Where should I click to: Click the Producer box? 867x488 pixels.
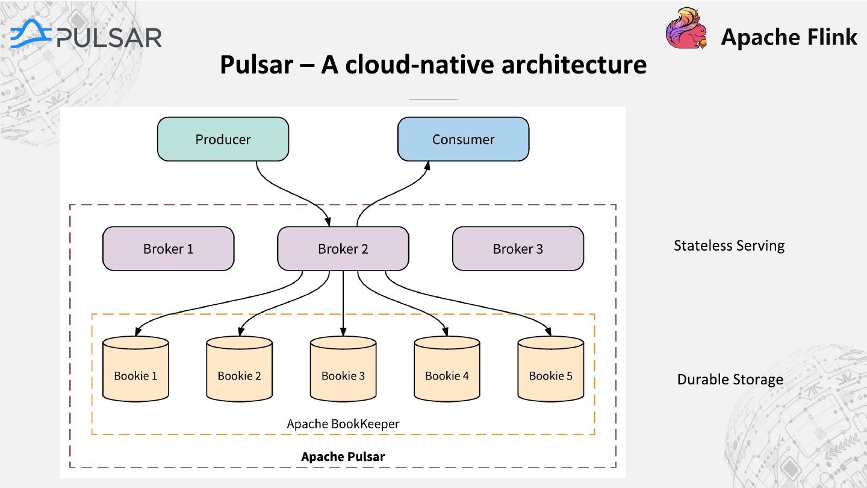[223, 139]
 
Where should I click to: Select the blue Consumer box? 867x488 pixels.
[464, 139]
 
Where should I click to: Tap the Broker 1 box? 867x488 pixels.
[169, 249]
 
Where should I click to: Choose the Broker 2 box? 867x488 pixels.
[343, 249]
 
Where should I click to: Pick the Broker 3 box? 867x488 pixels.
[518, 249]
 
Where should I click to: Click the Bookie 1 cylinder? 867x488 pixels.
[135, 369]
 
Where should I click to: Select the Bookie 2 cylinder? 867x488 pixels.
[239, 369]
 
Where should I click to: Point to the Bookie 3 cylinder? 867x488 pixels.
[343, 369]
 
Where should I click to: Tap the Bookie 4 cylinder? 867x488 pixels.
[447, 369]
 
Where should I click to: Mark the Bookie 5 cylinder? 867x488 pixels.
[551, 369]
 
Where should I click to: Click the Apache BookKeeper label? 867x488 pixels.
[343, 424]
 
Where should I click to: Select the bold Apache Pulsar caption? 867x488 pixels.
[343, 457]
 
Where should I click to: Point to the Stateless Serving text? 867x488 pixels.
[729, 246]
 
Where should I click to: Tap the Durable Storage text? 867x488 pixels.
[730, 380]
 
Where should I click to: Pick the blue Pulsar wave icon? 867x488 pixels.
[31, 34]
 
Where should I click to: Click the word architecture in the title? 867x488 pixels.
[574, 64]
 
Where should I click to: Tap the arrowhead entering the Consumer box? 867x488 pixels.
[427, 166]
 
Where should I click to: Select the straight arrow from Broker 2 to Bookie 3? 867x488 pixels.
[343, 303]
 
